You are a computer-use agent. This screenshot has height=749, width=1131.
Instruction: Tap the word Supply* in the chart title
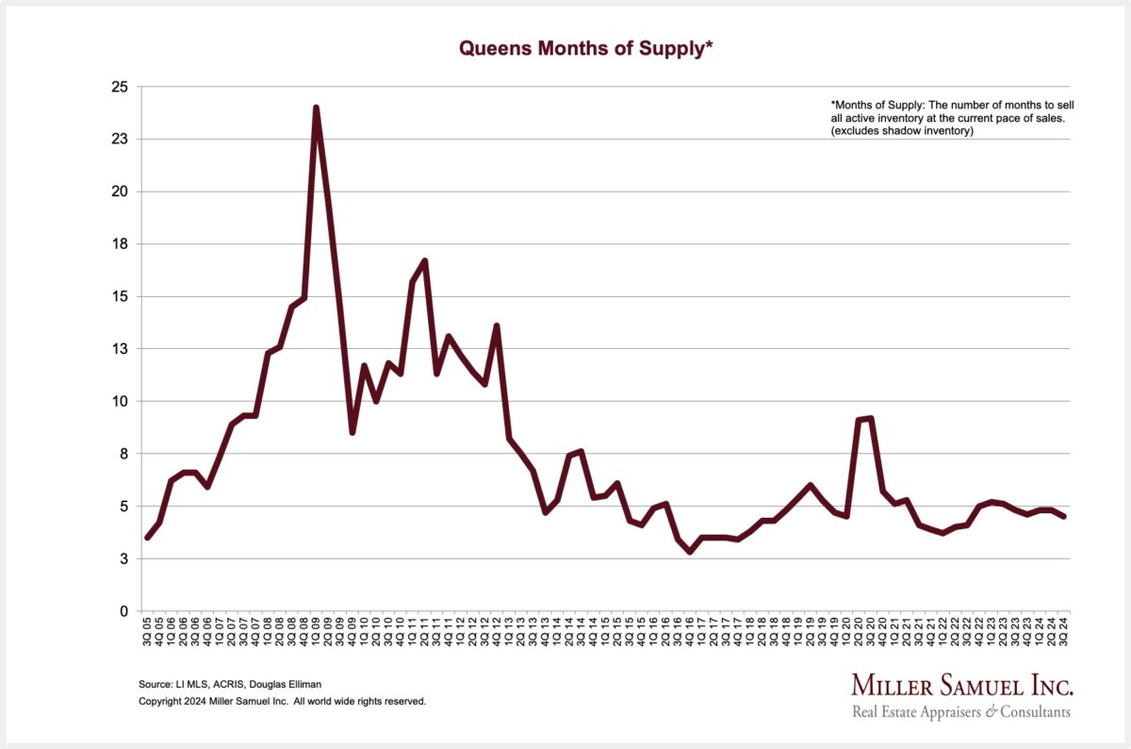pyautogui.click(x=675, y=49)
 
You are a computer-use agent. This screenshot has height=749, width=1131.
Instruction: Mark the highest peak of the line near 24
pyautogui.click(x=316, y=108)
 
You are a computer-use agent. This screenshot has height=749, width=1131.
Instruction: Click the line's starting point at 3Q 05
pyautogui.click(x=147, y=537)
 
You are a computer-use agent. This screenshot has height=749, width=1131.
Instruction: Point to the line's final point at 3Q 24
pyautogui.click(x=1065, y=516)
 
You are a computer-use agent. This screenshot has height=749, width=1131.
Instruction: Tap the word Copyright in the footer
pyautogui.click(x=159, y=702)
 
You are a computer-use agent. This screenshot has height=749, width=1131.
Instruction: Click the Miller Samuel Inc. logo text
pyautogui.click(x=962, y=685)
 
